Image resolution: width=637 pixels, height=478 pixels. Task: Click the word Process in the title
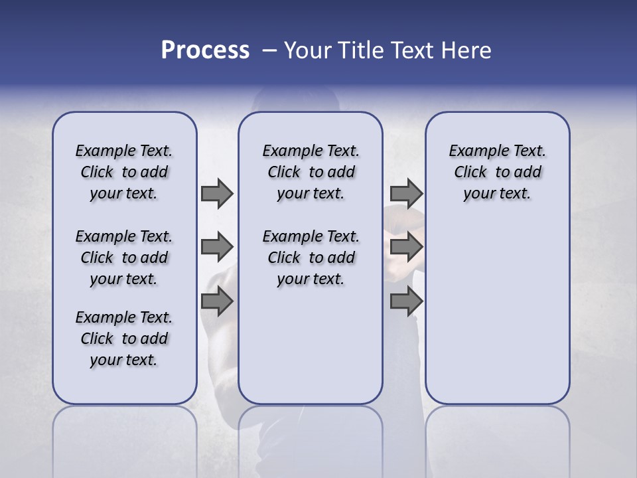205,50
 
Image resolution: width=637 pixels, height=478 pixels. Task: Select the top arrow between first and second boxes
217,193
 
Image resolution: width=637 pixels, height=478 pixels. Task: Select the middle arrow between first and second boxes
217,247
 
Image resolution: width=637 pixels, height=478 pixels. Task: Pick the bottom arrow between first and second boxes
217,302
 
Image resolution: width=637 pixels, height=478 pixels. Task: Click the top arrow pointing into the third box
406,193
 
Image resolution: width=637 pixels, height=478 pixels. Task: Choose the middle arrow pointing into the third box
406,247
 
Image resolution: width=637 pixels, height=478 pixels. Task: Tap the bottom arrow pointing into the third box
406,302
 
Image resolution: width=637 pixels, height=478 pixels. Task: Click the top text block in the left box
124,172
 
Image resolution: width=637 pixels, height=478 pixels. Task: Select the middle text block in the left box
124,258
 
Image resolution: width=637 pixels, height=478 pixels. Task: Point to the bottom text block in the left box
124,339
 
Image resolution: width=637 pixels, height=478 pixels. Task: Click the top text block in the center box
311,172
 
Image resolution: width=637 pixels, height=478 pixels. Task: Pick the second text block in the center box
311,258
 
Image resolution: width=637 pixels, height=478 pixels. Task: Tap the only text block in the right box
497,172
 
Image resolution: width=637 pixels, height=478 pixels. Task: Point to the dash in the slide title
269,50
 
